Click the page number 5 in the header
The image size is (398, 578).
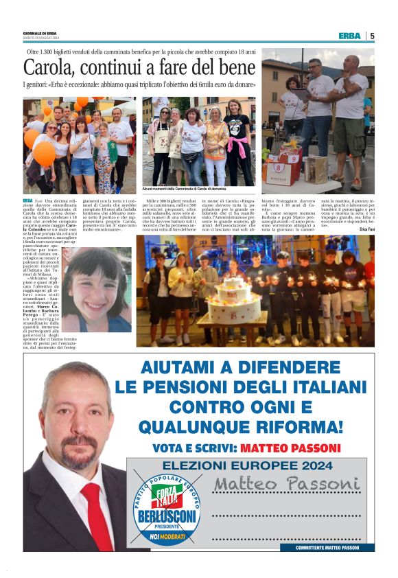click(x=372, y=36)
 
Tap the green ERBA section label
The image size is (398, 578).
click(x=350, y=36)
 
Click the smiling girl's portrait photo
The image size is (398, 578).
click(x=96, y=299)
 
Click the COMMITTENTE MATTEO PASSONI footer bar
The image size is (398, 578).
click(x=334, y=547)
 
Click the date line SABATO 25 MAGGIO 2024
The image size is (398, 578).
click(x=42, y=38)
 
